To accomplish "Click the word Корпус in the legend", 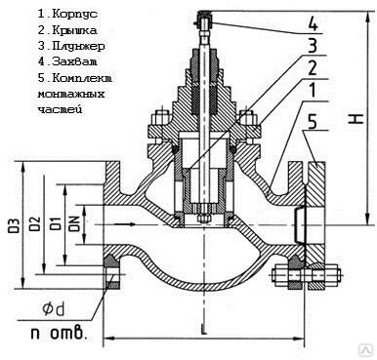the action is (74, 14).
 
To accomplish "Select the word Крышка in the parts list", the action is (74, 30).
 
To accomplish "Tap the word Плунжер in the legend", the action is (78, 46).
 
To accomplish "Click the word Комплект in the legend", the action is (82, 78).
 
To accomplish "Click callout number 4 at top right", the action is (313, 25).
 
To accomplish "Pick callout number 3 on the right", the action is (313, 47).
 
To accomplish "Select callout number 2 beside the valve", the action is (313, 68).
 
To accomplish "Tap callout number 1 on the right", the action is (313, 91).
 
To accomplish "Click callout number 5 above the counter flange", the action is (313, 123).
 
